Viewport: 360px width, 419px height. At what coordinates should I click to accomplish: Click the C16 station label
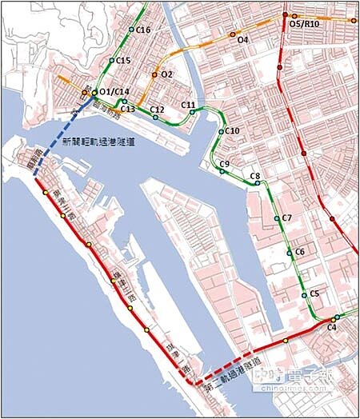[x=144, y=30]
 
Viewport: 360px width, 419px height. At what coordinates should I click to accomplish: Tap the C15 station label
[x=123, y=60]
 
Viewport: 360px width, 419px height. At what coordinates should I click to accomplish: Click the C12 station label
[x=157, y=109]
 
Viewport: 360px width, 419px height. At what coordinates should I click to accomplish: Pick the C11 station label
[x=189, y=105]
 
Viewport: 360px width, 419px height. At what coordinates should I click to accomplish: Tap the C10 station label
[x=233, y=130]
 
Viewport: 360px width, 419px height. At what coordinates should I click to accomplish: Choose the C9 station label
[x=225, y=163]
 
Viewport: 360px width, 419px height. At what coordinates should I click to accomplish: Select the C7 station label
[x=287, y=217]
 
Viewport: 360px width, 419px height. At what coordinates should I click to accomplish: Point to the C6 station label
[x=300, y=252]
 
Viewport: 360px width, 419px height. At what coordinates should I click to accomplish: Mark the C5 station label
[x=314, y=294]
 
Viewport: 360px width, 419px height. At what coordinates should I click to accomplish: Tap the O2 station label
[x=167, y=74]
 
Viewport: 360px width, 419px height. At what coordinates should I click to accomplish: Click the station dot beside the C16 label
[x=131, y=30]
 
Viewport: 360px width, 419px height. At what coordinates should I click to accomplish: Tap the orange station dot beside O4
[x=233, y=35]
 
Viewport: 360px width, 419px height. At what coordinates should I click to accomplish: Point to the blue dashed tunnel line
[x=59, y=138]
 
